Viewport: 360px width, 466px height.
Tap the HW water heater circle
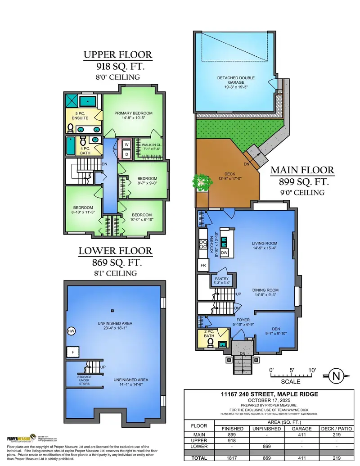click(x=71, y=331)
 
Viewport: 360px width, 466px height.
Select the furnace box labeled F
click(x=71, y=352)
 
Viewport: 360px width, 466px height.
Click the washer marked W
click(x=126, y=145)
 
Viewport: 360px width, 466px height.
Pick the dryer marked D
click(x=126, y=154)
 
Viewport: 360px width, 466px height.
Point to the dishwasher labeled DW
click(x=224, y=253)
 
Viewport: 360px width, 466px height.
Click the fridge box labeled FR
click(x=203, y=266)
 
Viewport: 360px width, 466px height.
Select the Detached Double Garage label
click(x=233, y=81)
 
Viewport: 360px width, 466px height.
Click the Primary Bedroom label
click(x=133, y=115)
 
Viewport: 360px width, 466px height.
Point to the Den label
click(x=276, y=331)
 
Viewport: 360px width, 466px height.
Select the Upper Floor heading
click(x=118, y=55)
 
